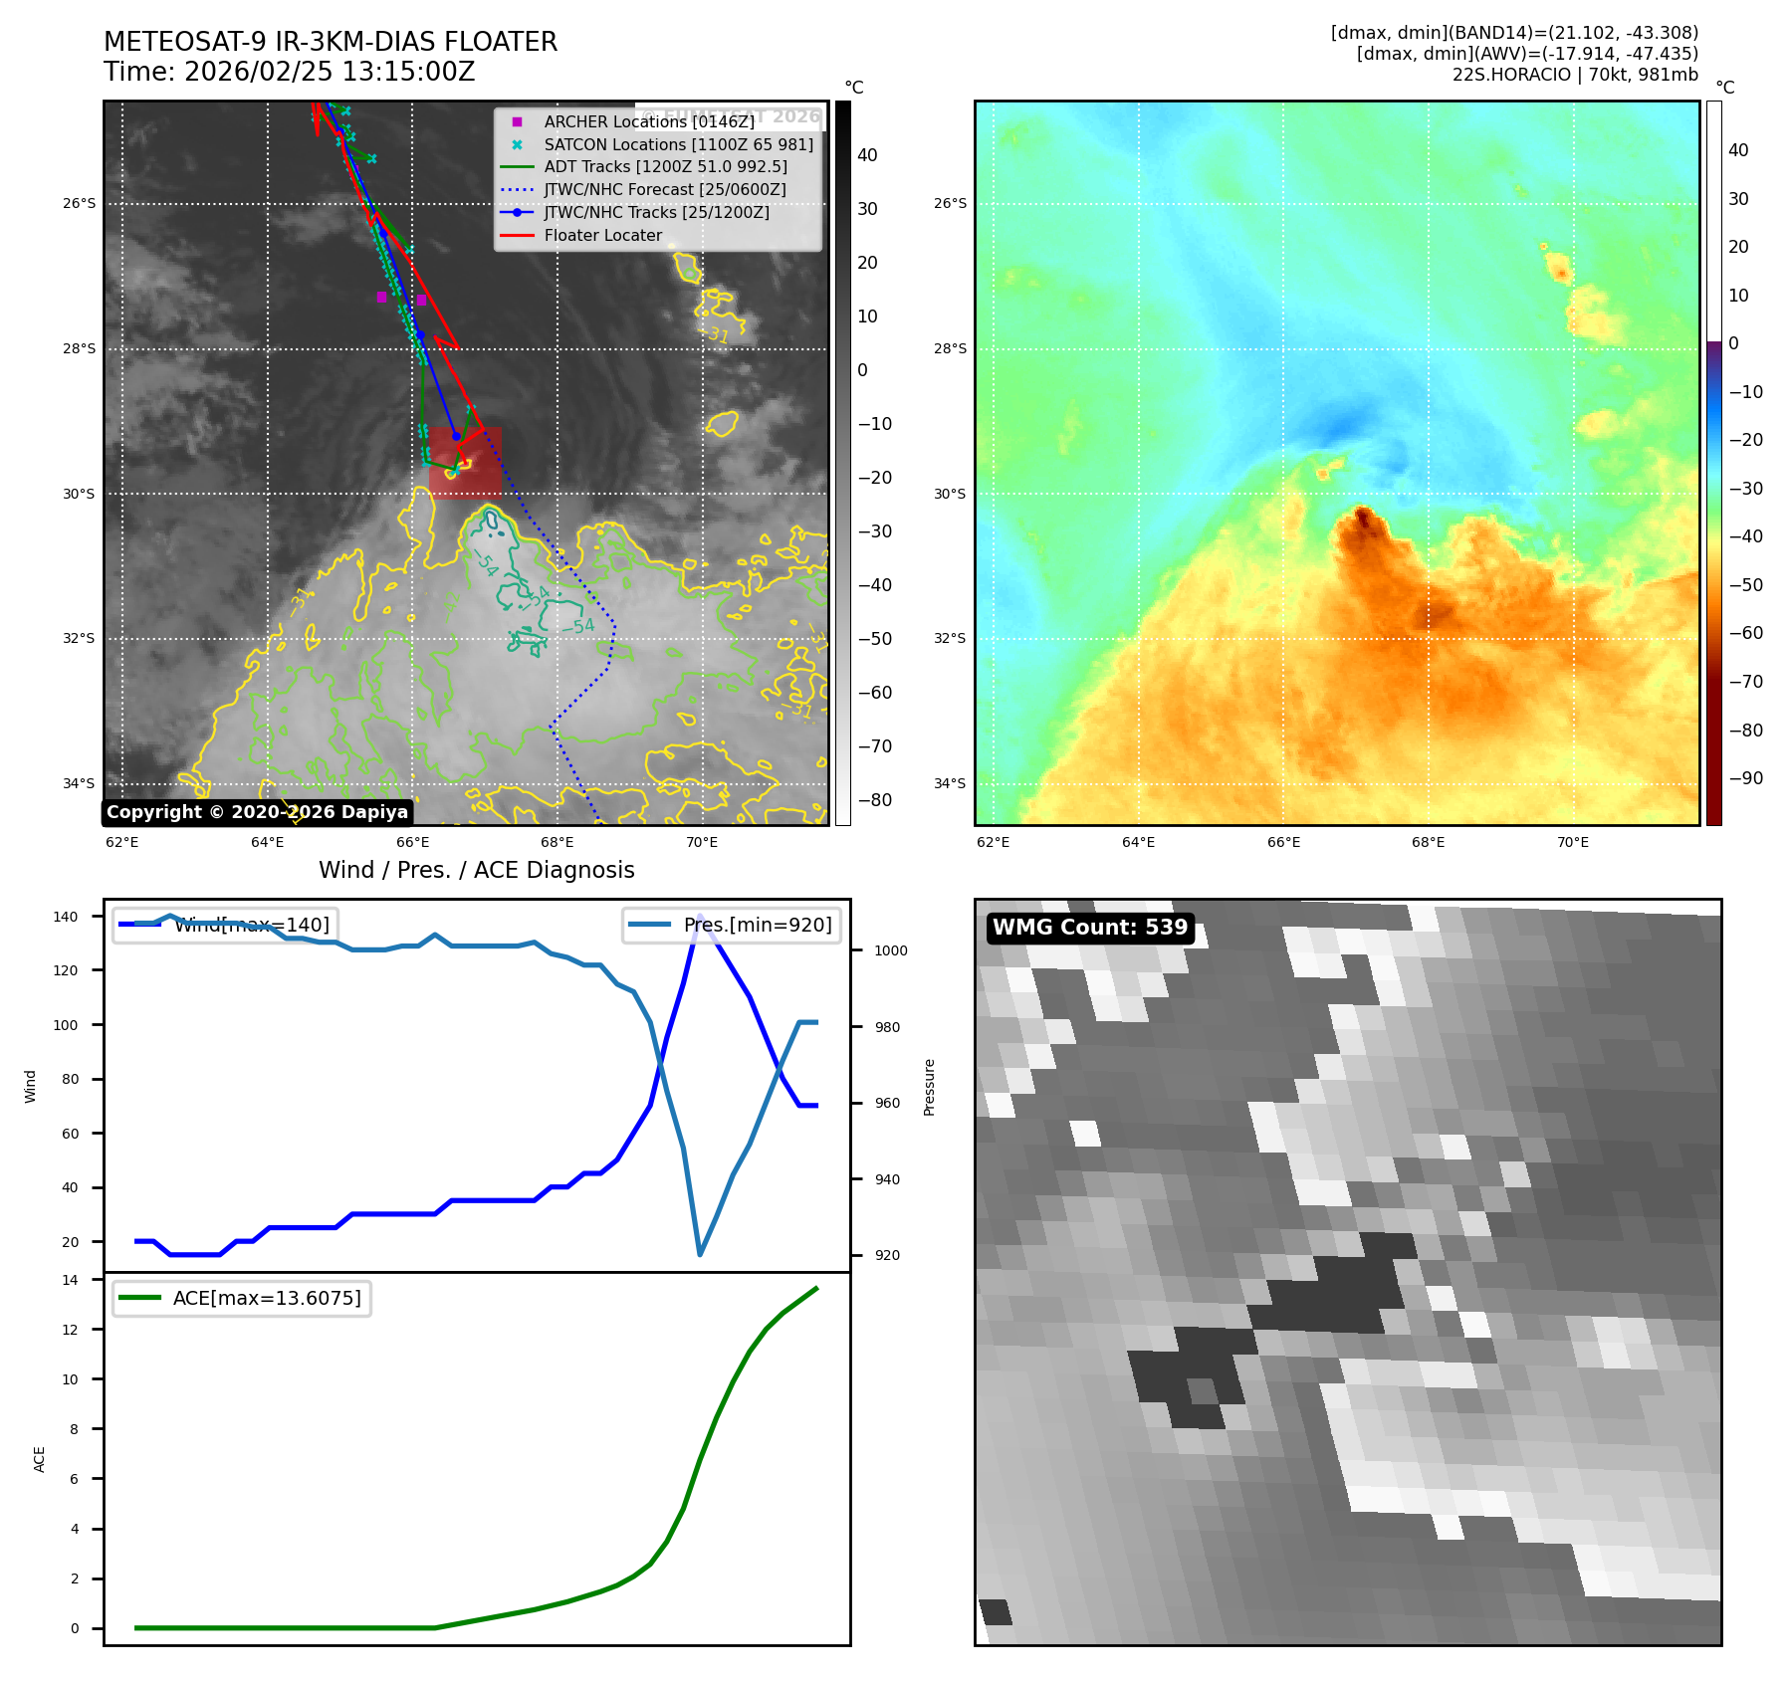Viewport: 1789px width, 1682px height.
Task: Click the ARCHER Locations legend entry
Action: [x=648, y=121]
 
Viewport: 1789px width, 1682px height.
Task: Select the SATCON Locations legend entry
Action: [x=678, y=144]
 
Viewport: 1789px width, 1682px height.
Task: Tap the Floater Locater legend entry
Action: [x=602, y=235]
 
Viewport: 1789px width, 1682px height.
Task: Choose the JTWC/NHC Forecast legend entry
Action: [x=664, y=189]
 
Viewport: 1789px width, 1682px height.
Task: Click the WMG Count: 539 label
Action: [x=1090, y=928]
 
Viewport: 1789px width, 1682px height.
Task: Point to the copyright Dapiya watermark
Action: [x=257, y=812]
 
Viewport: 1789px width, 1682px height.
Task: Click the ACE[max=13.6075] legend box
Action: [x=242, y=1298]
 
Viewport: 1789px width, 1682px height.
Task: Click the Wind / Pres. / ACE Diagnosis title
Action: [x=476, y=870]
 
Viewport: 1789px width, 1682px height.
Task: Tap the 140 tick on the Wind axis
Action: [x=65, y=917]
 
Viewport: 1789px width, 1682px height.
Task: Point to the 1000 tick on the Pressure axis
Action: [x=890, y=950]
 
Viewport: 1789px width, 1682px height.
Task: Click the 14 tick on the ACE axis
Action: [x=70, y=1280]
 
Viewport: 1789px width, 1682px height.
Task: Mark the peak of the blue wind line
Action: [x=700, y=916]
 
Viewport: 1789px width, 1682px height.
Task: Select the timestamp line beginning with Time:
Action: [x=289, y=73]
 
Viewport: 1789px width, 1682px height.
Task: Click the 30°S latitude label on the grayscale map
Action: [x=79, y=494]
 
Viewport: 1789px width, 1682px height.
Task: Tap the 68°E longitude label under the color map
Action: [x=1428, y=842]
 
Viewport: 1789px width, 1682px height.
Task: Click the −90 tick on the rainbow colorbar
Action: [x=1745, y=778]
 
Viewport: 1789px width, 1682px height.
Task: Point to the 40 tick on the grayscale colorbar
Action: [x=867, y=155]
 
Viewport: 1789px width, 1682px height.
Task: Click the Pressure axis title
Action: [x=929, y=1087]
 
